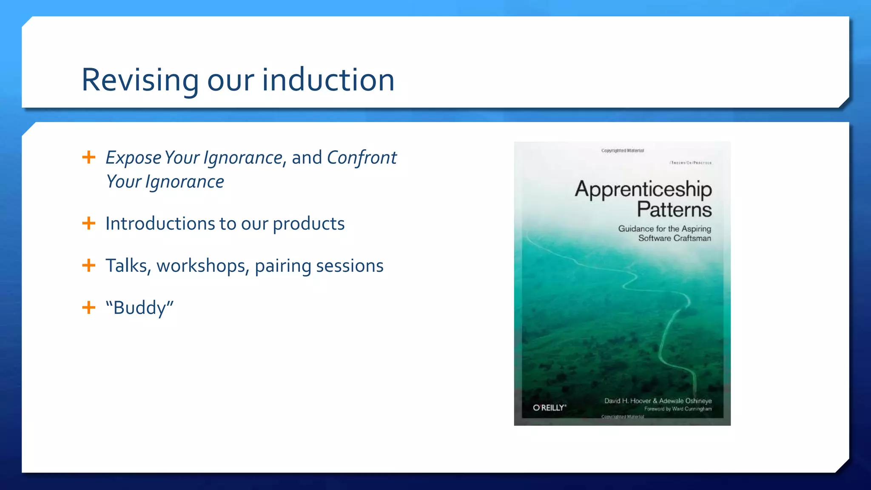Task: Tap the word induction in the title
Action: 328,80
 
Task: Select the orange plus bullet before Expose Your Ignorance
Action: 88,157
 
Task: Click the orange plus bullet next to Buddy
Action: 88,308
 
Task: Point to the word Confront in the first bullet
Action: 361,158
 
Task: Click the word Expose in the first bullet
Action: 133,158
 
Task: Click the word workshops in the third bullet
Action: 202,266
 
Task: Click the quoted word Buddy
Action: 140,308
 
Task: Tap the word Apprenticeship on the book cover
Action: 643,190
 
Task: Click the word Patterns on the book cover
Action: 674,209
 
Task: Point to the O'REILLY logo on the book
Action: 549,407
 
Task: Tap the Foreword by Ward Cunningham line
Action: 677,409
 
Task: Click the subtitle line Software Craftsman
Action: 674,238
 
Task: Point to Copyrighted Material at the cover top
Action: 622,151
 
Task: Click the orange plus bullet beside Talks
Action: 88,265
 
